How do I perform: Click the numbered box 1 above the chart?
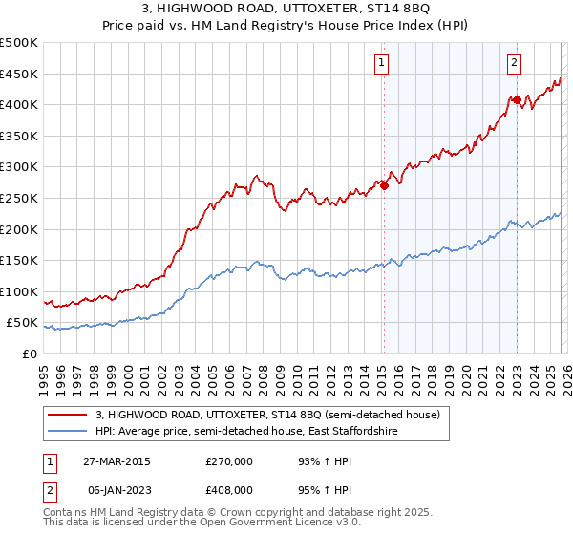(381, 63)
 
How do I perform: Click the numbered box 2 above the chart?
(514, 63)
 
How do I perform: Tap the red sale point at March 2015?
(384, 186)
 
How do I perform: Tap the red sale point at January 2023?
(517, 99)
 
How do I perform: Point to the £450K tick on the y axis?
(19, 74)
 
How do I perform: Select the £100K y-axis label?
(19, 291)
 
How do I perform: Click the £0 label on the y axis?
(30, 353)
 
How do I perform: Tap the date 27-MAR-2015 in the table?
(112, 461)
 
